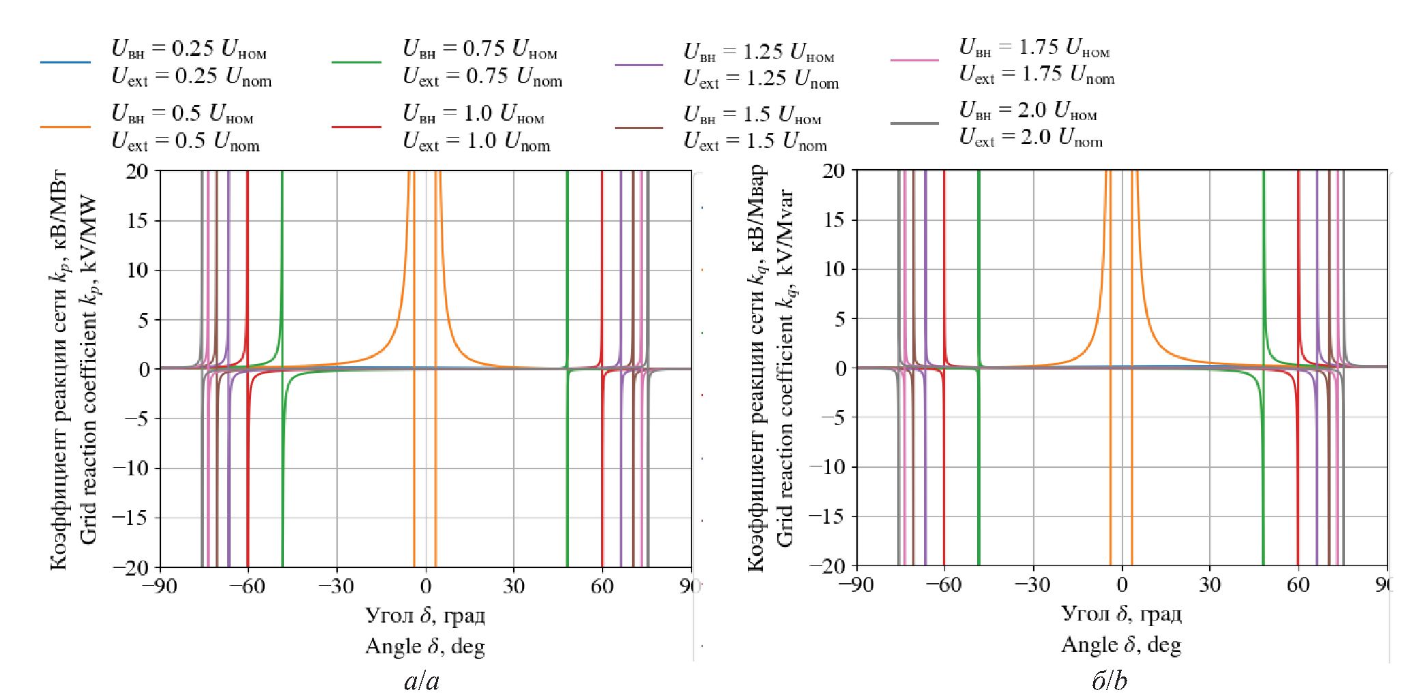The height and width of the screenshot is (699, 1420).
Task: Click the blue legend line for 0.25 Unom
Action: (66, 62)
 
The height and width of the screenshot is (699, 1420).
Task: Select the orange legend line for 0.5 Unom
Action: (66, 127)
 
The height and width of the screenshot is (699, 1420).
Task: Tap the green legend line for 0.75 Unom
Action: (356, 62)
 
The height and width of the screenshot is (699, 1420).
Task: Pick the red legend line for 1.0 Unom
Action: (356, 127)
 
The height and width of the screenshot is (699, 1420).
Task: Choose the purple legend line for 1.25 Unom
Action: (639, 65)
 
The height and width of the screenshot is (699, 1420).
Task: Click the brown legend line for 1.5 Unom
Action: (639, 127)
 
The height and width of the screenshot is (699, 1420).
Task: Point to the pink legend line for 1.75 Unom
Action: (914, 60)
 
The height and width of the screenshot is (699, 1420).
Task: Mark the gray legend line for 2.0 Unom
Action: (914, 123)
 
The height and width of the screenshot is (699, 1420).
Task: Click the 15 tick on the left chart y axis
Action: (137, 220)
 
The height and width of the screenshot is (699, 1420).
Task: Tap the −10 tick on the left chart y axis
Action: (132, 468)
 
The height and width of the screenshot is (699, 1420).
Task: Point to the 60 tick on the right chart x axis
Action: (1298, 584)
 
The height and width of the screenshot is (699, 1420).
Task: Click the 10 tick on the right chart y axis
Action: (833, 269)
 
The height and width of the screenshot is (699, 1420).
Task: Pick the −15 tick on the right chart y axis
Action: (828, 516)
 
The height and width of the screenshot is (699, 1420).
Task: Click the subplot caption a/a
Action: (422, 681)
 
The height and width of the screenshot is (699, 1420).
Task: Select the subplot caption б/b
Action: (1110, 681)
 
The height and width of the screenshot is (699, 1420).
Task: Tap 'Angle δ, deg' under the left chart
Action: (424, 646)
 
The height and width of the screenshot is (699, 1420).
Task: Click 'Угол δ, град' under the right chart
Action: (1121, 614)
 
